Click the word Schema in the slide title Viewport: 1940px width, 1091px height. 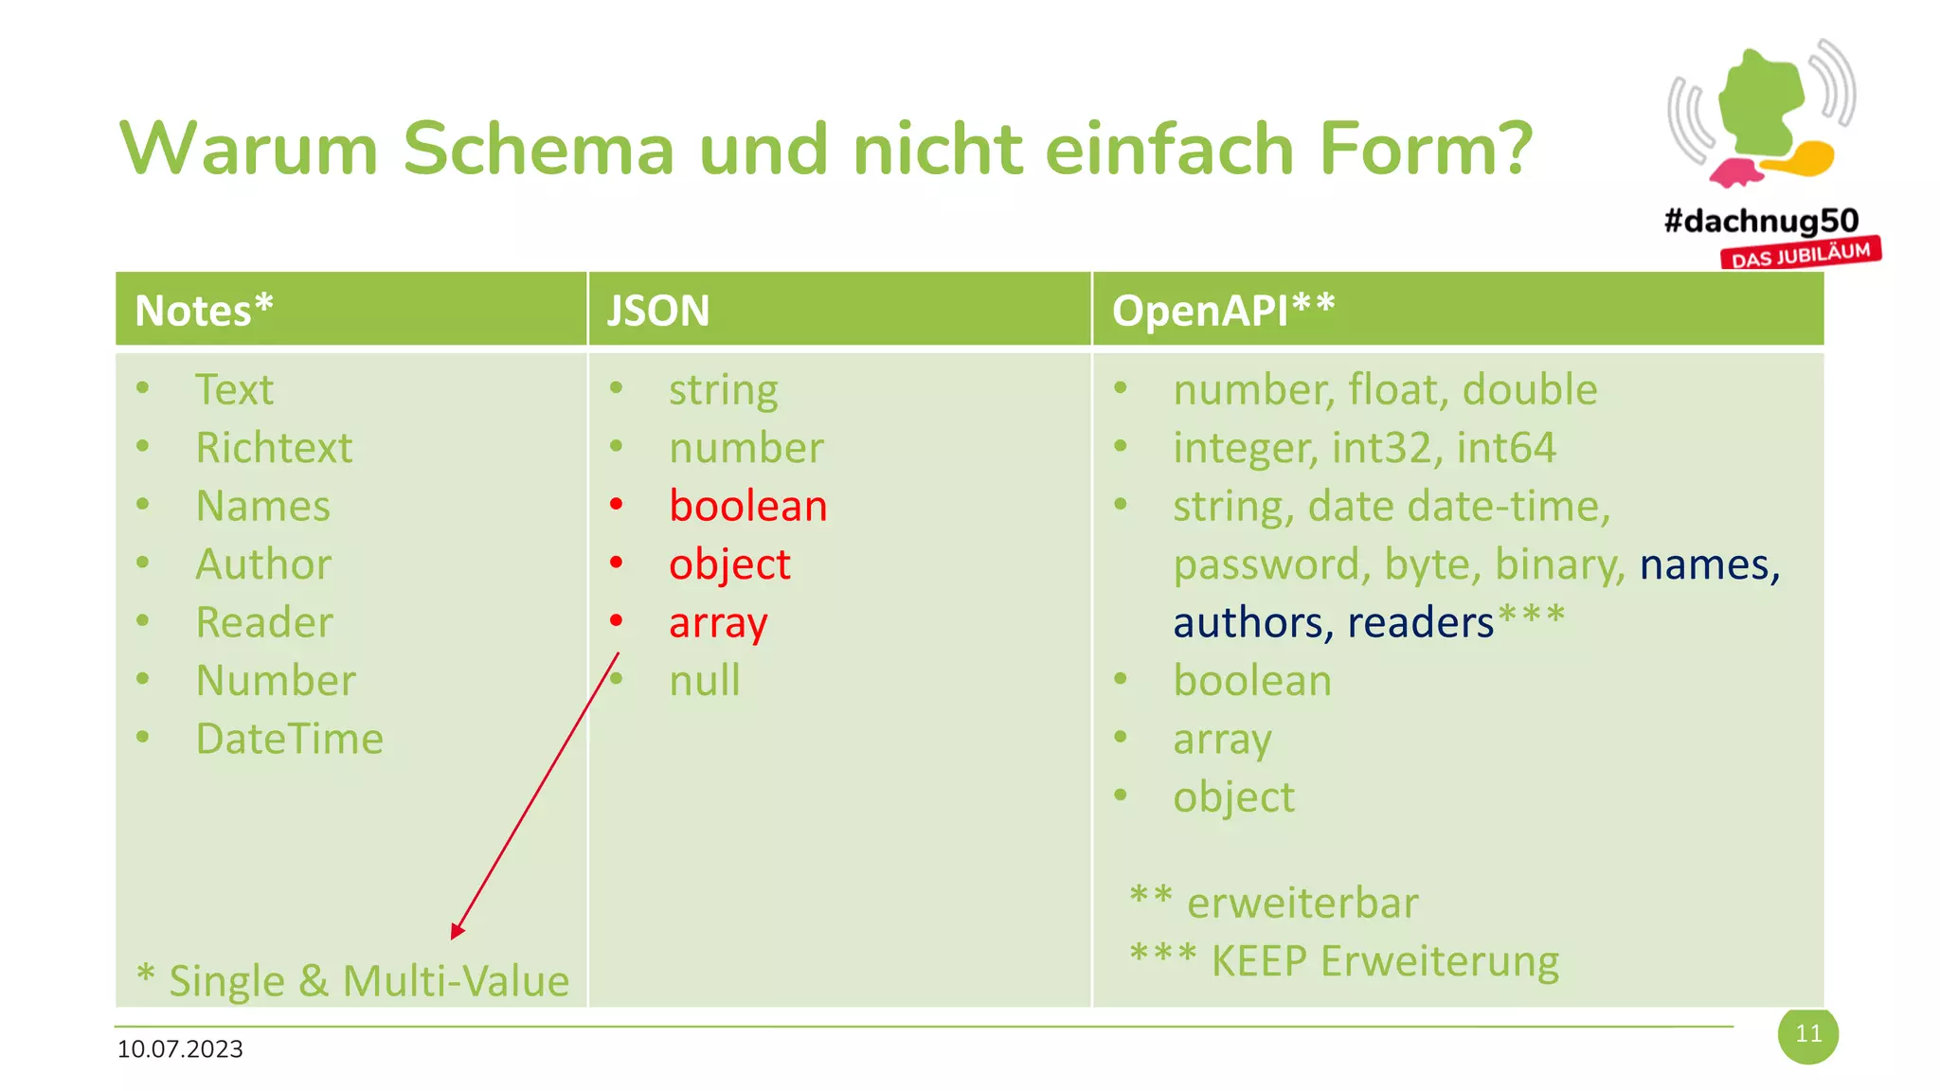pos(538,149)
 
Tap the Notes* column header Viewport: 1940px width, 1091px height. pos(204,311)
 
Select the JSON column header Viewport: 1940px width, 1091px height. pos(657,311)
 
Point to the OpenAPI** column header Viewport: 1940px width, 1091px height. pos(1223,311)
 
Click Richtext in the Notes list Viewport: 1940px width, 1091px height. pos(274,448)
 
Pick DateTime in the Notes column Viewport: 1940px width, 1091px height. pos(289,739)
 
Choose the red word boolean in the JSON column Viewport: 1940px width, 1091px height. pos(747,506)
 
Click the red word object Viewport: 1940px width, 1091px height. pos(729,564)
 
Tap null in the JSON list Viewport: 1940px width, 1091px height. pos(704,681)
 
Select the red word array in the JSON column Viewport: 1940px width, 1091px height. pos(718,623)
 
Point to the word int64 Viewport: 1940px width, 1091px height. pos(1506,448)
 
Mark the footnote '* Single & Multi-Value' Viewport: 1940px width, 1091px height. pos(352,980)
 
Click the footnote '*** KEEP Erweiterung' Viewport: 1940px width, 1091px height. pos(1344,960)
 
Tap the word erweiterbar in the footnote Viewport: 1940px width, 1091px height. pos(1302,903)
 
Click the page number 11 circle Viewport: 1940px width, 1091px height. pos(1807,1034)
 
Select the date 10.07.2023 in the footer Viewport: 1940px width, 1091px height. pos(180,1049)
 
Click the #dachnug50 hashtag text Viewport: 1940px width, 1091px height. pos(1761,222)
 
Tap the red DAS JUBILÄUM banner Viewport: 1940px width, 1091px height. pos(1801,255)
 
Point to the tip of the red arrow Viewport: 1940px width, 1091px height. pos(454,937)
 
